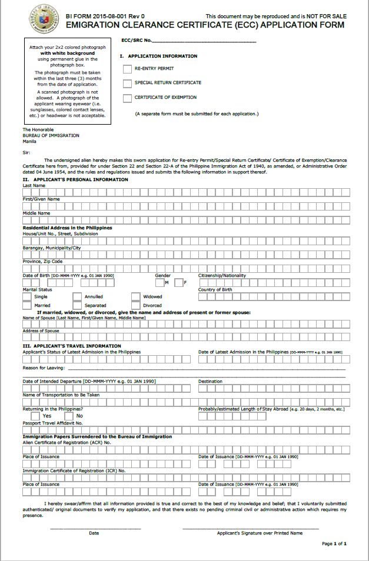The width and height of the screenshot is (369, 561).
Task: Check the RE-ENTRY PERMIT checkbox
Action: [127, 69]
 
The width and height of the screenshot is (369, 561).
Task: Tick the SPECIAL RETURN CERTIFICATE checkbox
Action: [127, 84]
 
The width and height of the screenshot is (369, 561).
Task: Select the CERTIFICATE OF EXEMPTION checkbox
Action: [127, 98]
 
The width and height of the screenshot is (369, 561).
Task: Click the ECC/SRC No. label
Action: [137, 41]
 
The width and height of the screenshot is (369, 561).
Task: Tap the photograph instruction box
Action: [67, 81]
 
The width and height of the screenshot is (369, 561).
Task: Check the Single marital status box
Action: [27, 297]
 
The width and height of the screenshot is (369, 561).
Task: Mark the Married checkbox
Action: [27, 306]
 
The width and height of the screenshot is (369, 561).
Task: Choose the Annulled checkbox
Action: [77, 297]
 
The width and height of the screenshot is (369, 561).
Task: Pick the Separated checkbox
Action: [77, 306]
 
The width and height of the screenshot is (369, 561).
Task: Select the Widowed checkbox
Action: [136, 297]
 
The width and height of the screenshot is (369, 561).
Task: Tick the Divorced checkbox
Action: [136, 306]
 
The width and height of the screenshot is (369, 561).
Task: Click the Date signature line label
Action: [94, 533]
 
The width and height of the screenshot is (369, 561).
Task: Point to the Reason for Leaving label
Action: [41, 368]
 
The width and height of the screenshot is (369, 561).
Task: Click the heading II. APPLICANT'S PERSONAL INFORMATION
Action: [75, 179]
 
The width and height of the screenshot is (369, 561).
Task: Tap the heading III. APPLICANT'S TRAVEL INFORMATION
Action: [72, 346]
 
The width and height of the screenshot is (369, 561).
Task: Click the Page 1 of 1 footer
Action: [334, 544]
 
